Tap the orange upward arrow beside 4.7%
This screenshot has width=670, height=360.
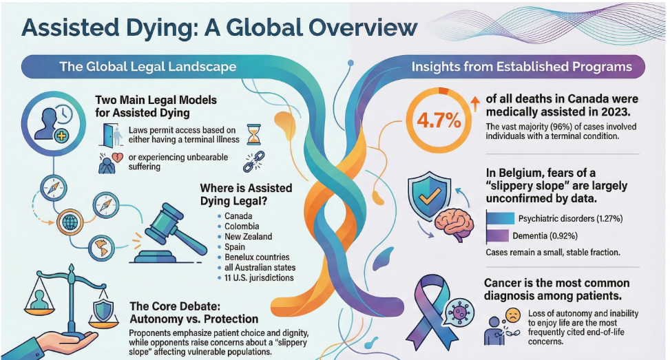474,103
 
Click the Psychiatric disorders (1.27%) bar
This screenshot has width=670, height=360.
513,218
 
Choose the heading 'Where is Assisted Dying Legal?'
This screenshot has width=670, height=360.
246,194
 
